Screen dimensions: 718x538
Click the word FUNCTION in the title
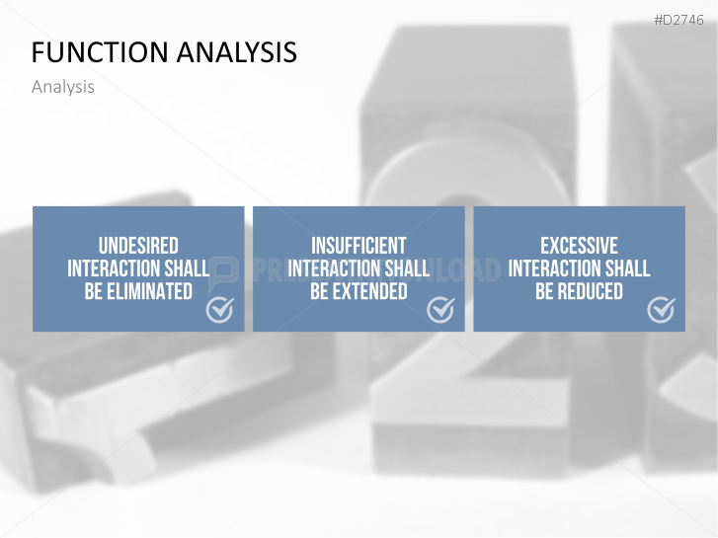tap(100, 51)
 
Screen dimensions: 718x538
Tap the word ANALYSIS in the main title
tap(237, 51)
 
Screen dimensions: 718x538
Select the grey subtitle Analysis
tap(63, 87)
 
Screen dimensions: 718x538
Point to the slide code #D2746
tap(678, 20)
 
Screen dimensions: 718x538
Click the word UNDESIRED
tap(138, 246)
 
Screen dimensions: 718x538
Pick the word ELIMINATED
tap(150, 291)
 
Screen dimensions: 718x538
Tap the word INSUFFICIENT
tap(359, 246)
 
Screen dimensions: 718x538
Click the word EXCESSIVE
tap(579, 246)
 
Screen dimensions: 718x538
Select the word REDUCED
tap(591, 291)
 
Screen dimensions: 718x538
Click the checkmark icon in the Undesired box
tap(220, 310)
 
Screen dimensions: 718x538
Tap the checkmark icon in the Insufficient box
tap(440, 310)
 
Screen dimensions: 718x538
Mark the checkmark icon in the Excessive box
tap(661, 310)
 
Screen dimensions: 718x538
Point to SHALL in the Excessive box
tap(627, 269)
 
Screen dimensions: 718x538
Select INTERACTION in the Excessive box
tap(554, 269)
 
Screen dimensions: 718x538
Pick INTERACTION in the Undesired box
tap(114, 269)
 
